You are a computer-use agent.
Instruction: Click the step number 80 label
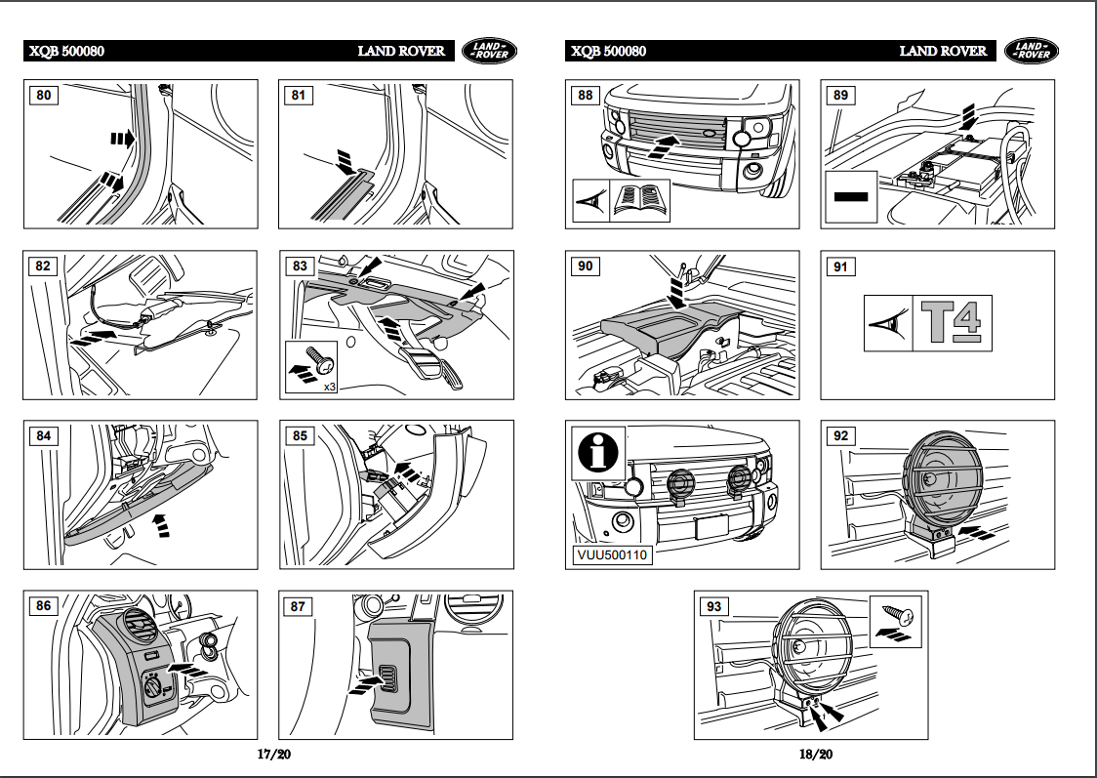coord(45,95)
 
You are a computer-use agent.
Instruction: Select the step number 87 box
coord(298,606)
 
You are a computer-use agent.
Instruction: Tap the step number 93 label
coord(713,606)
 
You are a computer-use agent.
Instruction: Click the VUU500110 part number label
coord(612,554)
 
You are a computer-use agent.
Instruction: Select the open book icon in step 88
coord(641,200)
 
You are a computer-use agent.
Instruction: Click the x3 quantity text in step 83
coord(329,388)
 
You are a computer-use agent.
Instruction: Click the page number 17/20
coord(274,755)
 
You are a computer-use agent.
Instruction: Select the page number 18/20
coord(816,755)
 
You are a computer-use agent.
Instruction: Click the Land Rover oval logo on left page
coord(489,51)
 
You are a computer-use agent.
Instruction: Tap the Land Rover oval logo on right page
coord(1031,51)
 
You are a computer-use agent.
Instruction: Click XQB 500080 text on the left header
coord(67,52)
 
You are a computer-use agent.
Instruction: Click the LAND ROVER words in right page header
coord(942,52)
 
